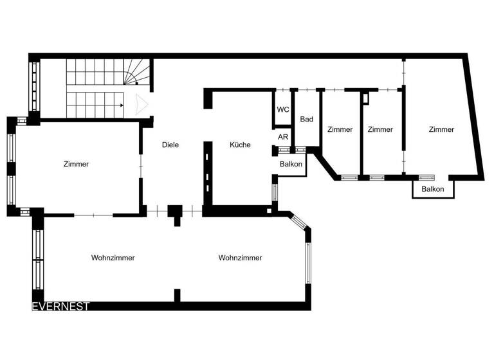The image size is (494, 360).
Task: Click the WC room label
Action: point(283,109)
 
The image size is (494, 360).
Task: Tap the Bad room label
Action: point(307,119)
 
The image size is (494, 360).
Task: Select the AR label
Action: point(283,137)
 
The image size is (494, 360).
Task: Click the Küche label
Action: point(240,145)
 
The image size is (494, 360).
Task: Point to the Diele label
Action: point(170,145)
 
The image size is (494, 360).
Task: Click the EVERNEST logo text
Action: point(61,307)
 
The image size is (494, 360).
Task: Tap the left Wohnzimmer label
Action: point(113,258)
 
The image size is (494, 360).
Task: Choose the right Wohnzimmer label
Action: point(240,258)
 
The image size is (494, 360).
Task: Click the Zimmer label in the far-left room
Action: point(76,164)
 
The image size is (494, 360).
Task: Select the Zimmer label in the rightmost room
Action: point(441,129)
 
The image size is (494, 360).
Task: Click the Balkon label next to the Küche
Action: point(291,165)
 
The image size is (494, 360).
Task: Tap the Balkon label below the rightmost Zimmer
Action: point(432,189)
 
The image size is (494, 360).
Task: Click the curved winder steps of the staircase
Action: point(138,72)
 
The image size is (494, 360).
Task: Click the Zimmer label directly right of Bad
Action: point(340,129)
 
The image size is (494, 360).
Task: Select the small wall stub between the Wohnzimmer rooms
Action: point(177,295)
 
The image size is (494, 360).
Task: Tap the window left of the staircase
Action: point(33,86)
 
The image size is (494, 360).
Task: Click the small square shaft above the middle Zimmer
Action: point(365,98)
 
